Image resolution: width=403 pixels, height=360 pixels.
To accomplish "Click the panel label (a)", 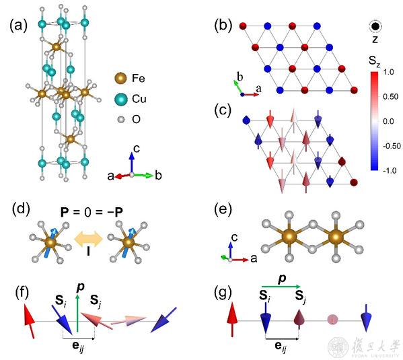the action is (18, 26).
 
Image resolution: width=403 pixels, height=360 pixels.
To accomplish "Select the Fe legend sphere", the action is (120, 78).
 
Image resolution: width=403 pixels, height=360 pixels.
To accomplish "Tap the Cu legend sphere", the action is (120, 99).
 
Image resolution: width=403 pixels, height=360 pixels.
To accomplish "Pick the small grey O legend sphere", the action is (121, 120).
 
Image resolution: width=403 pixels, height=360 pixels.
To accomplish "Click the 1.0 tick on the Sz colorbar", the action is (388, 72).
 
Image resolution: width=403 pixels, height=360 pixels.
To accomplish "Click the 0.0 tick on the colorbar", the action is (388, 121).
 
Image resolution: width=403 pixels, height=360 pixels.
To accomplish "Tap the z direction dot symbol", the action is (376, 26).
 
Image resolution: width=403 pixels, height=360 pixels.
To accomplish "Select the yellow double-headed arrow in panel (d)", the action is (88, 239).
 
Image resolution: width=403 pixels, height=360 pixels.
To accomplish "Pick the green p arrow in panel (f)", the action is (77, 313).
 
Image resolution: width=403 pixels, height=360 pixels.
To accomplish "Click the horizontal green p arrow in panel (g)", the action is (281, 287).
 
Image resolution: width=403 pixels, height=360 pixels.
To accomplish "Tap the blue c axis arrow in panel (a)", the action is (132, 163).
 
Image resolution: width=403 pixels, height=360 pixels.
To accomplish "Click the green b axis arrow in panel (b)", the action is (237, 87).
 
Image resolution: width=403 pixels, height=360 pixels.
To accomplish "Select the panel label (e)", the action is (223, 210).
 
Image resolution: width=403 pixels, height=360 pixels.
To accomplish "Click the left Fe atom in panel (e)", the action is (289, 237).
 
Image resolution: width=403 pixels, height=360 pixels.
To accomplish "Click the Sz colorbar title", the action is (374, 61).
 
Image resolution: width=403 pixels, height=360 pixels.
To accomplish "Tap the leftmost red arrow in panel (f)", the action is (29, 321).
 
